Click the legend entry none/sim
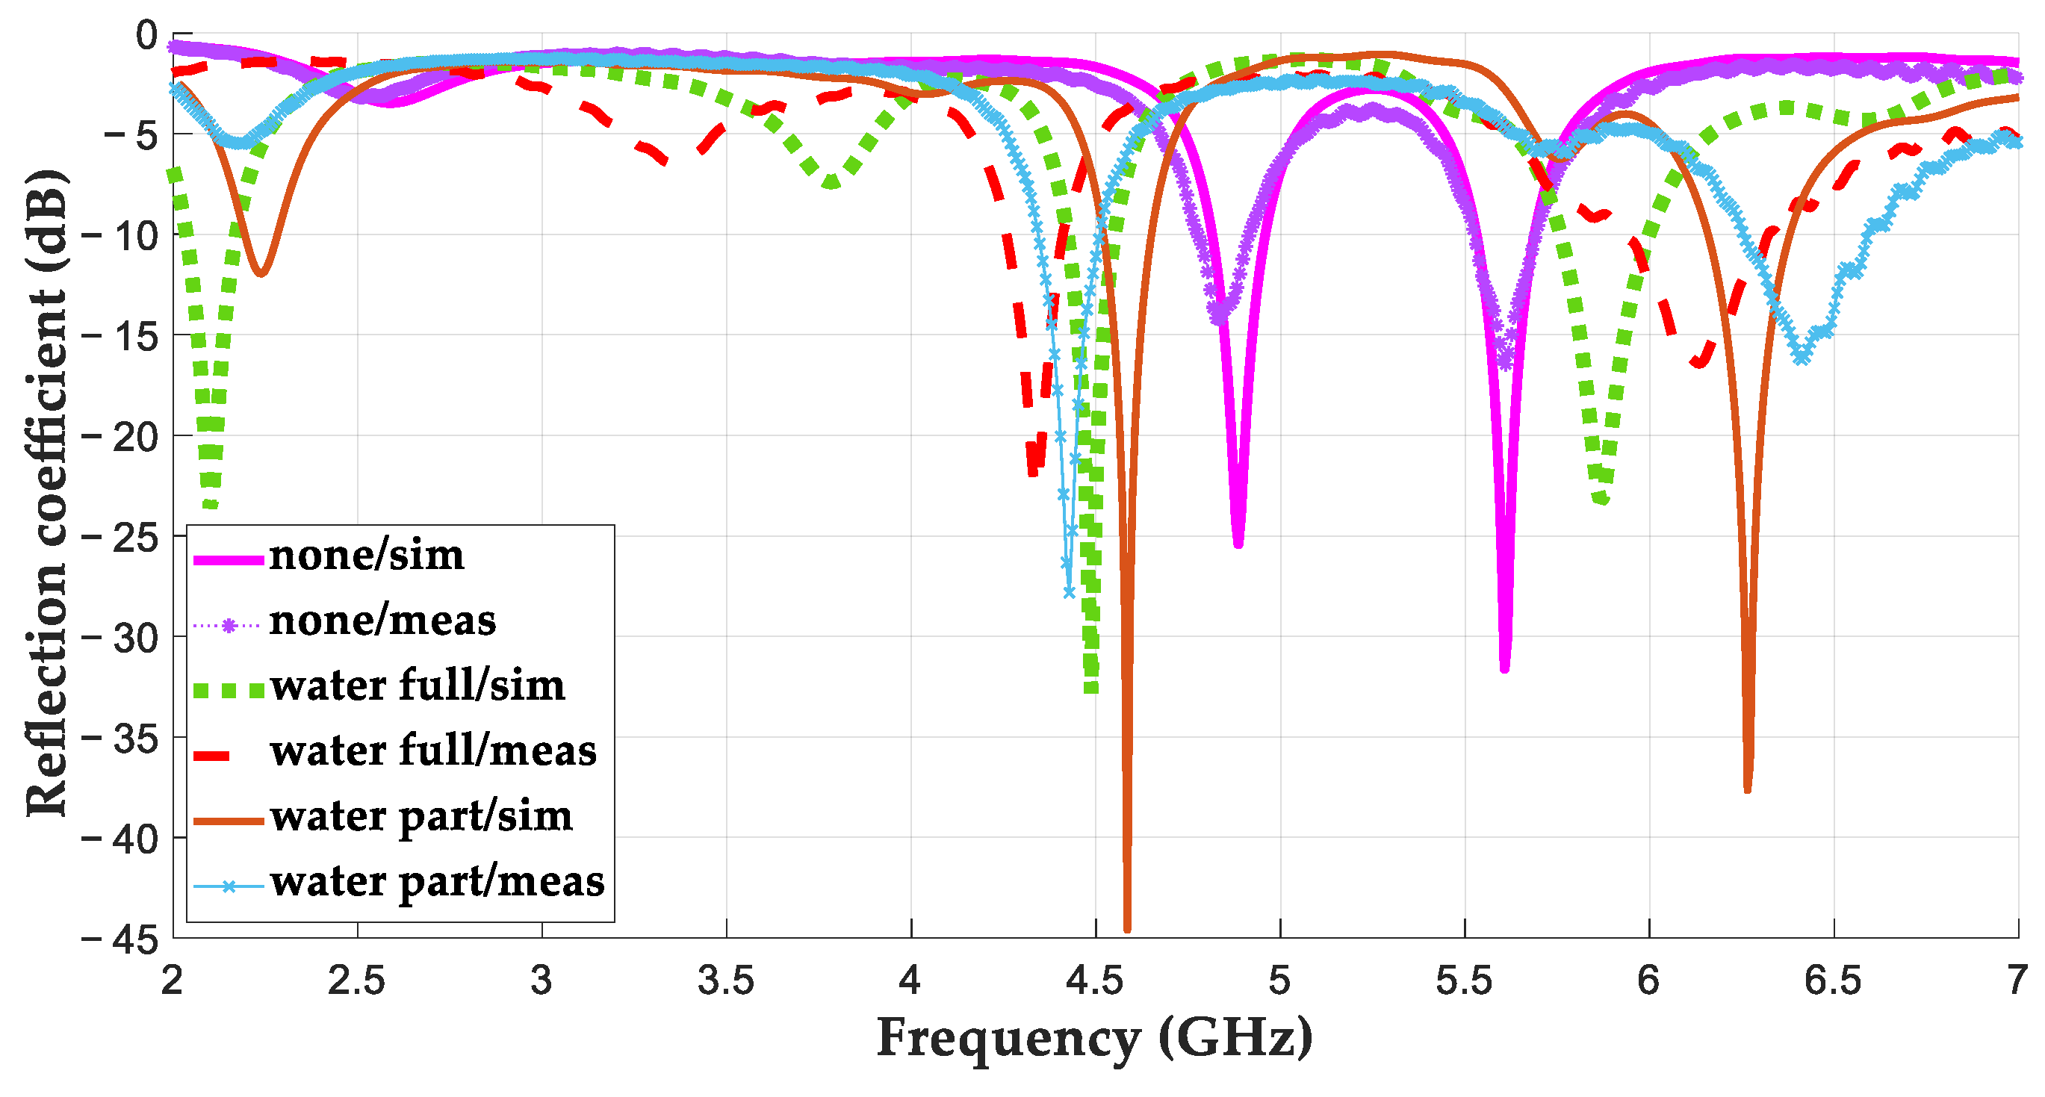[x=366, y=556]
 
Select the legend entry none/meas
[x=382, y=621]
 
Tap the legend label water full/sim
[x=417, y=686]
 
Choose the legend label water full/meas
[x=432, y=752]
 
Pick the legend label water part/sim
[x=421, y=817]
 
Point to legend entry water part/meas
[x=437, y=882]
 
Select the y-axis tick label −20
[x=120, y=438]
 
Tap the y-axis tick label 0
[x=146, y=35]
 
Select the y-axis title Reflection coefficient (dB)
[x=46, y=492]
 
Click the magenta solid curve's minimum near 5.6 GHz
[x=1504, y=668]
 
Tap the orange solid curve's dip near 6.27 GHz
[x=1747, y=789]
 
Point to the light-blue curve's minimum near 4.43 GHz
[x=1070, y=592]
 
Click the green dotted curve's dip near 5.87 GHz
[x=1602, y=500]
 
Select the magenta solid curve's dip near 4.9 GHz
[x=1238, y=544]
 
